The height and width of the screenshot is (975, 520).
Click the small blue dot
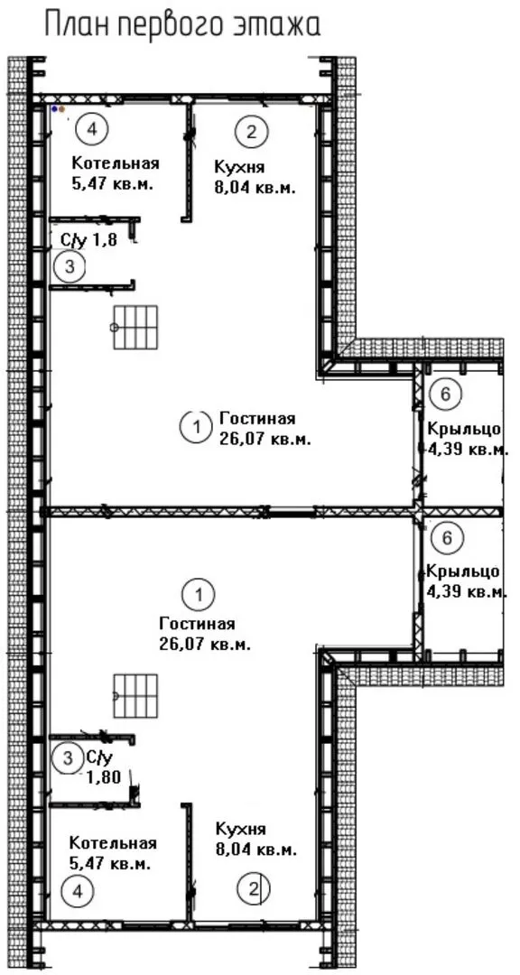coord(55,109)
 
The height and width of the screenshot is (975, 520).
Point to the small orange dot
coord(61,109)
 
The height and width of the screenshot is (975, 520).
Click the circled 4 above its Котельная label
coord(92,129)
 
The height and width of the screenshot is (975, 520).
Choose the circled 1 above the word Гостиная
coord(198,594)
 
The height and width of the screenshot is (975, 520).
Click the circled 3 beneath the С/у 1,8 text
coord(70,266)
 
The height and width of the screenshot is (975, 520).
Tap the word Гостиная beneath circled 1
coord(197,624)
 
